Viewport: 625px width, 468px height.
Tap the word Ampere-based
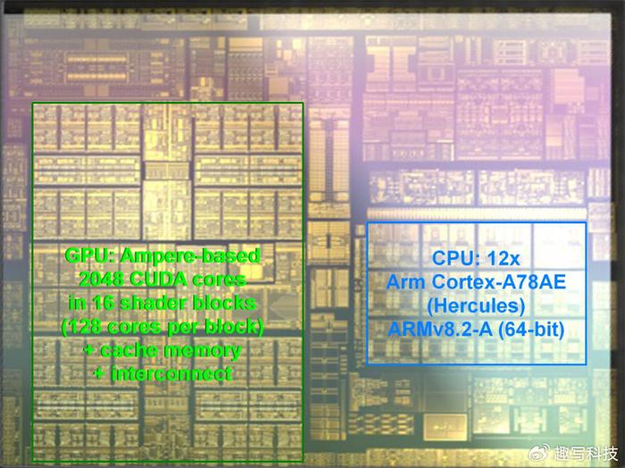[190, 256]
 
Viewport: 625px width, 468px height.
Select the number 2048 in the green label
[101, 280]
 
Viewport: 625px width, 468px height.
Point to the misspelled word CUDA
[158, 280]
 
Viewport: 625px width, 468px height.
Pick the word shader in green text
[153, 303]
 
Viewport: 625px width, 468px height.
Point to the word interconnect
[171, 374]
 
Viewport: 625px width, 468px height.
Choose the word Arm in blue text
[405, 282]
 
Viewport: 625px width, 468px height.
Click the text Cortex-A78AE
[498, 282]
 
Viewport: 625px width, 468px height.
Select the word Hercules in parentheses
[476, 306]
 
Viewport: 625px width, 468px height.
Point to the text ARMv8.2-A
[439, 330]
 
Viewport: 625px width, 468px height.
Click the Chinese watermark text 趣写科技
[586, 453]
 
